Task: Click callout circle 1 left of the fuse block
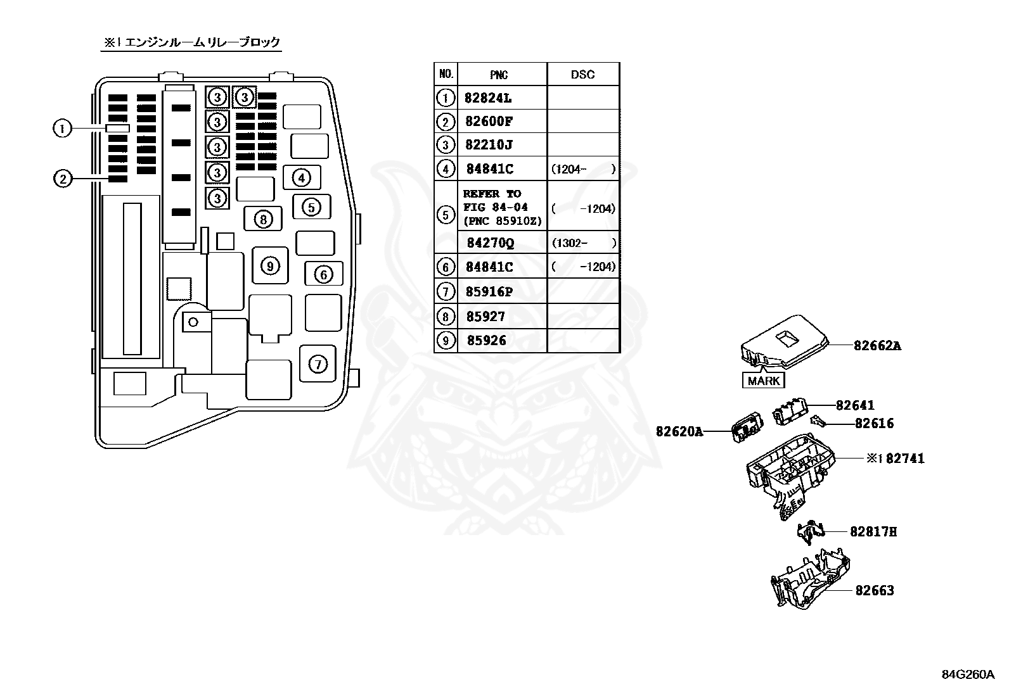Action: [x=62, y=129]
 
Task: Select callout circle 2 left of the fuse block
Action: [x=62, y=179]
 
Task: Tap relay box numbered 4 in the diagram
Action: [x=302, y=178]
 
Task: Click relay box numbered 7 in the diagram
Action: [x=318, y=364]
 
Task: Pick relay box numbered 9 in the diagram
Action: [x=270, y=266]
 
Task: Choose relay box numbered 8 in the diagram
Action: [x=262, y=219]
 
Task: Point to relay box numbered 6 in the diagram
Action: [x=323, y=274]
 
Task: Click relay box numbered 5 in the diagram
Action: [x=311, y=206]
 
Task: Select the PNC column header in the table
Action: [x=499, y=75]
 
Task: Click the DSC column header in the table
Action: [x=582, y=75]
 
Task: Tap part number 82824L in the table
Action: [x=488, y=98]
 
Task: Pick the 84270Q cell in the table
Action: [x=491, y=243]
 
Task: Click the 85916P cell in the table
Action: [x=489, y=292]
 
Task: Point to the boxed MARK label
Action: [x=763, y=381]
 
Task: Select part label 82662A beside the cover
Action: [x=877, y=346]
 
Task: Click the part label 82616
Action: [x=874, y=424]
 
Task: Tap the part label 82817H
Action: [x=873, y=532]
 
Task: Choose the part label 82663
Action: [x=874, y=590]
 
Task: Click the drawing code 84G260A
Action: [x=968, y=674]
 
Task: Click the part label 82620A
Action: [x=679, y=432]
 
